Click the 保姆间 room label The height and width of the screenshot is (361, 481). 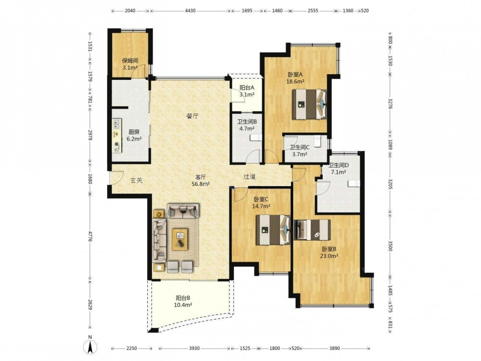click(x=130, y=61)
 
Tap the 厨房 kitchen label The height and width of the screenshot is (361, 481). click(x=134, y=132)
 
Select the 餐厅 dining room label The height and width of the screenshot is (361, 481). click(x=192, y=116)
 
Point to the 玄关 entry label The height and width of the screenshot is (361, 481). click(x=137, y=180)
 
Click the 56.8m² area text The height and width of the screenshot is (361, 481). click(x=201, y=184)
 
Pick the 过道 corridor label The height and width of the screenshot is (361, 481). click(x=249, y=177)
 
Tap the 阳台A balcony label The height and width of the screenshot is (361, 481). click(x=247, y=88)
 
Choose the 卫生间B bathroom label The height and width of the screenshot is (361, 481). click(x=247, y=122)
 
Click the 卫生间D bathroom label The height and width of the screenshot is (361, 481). click(x=339, y=165)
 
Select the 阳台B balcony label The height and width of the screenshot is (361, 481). click(x=183, y=298)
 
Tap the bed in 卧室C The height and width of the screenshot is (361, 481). click(x=273, y=230)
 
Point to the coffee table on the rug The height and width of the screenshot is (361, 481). click(x=180, y=239)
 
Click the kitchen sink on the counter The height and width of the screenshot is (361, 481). click(x=116, y=124)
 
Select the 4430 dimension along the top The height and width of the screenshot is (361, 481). click(x=190, y=11)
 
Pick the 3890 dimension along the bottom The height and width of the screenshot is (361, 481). click(x=335, y=348)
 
